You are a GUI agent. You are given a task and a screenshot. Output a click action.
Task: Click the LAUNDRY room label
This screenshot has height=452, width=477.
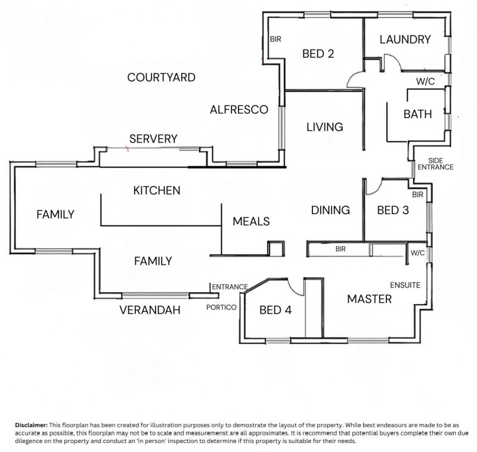405,39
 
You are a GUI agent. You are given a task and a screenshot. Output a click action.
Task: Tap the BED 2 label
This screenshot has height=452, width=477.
318,54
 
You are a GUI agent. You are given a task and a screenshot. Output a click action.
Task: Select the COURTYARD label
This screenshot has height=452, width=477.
161,78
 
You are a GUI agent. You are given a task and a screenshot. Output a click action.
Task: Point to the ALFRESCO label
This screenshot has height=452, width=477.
239,110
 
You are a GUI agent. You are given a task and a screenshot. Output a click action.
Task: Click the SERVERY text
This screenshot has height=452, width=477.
153,139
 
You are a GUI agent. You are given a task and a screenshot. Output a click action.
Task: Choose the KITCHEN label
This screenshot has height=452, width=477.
157,190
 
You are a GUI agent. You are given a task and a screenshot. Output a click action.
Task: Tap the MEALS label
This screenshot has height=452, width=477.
251,221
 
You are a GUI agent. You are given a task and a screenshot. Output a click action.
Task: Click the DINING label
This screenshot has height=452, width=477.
330,210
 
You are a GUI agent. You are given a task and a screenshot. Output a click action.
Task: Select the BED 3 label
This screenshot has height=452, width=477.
393,210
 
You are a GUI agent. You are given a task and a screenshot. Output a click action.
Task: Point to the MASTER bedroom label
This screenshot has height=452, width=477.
369,299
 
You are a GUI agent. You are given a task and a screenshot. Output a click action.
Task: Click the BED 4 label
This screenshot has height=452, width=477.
275,310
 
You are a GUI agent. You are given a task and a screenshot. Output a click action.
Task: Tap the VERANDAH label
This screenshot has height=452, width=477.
150,310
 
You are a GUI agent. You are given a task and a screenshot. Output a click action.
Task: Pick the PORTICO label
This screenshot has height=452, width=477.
221,308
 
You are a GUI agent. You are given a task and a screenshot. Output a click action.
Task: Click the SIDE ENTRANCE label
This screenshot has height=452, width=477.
435,164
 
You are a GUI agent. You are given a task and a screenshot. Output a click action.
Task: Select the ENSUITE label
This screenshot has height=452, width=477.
405,285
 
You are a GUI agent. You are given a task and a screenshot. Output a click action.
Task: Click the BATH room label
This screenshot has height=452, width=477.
418,114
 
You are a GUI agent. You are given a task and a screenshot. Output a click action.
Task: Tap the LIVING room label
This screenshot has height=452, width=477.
325,127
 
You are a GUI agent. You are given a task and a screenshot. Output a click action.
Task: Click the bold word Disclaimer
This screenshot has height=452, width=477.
32,425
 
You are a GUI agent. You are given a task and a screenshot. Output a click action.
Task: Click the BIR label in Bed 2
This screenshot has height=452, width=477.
275,39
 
